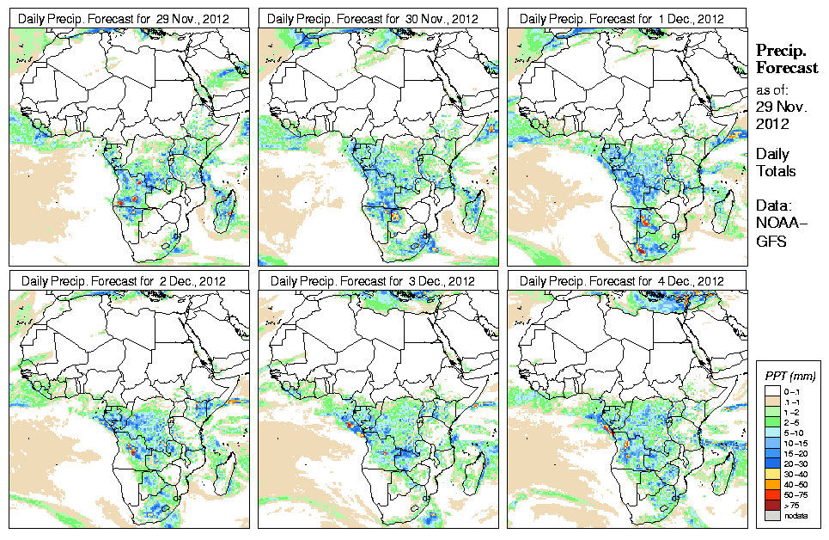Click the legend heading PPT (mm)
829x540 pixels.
pyautogui.click(x=789, y=376)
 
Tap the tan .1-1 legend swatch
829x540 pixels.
pyautogui.click(x=771, y=401)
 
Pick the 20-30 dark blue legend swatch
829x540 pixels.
pyautogui.click(x=771, y=463)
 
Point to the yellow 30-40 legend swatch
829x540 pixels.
pyautogui.click(x=771, y=474)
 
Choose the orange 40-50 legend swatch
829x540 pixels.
pyautogui.click(x=771, y=485)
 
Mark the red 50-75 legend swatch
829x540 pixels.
pyautogui.click(x=771, y=496)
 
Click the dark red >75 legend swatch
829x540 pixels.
pyautogui.click(x=771, y=506)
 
